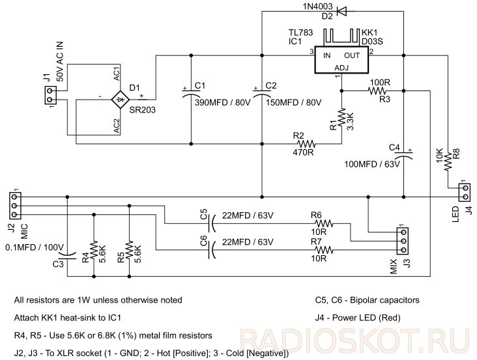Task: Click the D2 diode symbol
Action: point(341,12)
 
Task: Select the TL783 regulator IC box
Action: point(341,60)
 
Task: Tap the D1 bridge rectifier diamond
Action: point(121,99)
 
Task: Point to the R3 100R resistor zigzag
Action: point(377,90)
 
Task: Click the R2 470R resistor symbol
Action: point(306,144)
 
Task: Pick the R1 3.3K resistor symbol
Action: point(341,117)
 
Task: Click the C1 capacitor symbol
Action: point(191,92)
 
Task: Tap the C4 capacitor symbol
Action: point(403,155)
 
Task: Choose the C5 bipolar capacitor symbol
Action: point(211,224)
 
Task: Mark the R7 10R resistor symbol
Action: point(325,251)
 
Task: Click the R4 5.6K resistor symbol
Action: point(94,250)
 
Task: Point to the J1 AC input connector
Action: point(50,95)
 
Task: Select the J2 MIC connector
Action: point(14,206)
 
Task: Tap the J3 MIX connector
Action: point(403,242)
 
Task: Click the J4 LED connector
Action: point(465,193)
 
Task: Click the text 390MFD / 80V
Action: point(223,102)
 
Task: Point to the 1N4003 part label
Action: point(317,7)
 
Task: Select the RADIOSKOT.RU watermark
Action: point(354,341)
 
